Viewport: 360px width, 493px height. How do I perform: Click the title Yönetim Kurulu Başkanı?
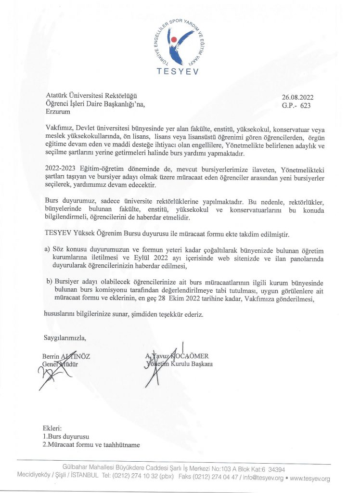tap(180, 364)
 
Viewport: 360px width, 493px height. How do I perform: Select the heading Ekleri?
tap(52, 428)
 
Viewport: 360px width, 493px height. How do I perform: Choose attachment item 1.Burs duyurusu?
tap(66, 436)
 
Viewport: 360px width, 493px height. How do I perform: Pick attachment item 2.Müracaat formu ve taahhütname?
tap(91, 445)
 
